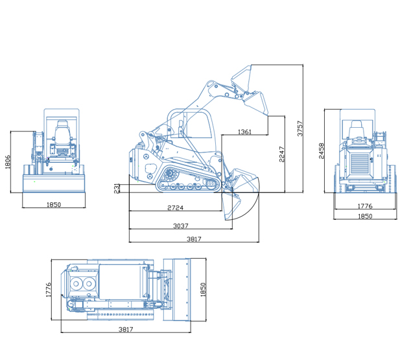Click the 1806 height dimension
tap(8, 162)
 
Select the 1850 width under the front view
tap(54, 204)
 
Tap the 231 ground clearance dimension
tap(117, 188)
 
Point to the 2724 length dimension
tap(176, 208)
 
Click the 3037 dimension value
tap(181, 226)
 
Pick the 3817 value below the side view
tap(194, 239)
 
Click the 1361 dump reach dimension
tap(244, 132)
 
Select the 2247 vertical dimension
tap(282, 154)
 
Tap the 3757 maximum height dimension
tap(300, 128)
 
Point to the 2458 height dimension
tap(322, 151)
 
